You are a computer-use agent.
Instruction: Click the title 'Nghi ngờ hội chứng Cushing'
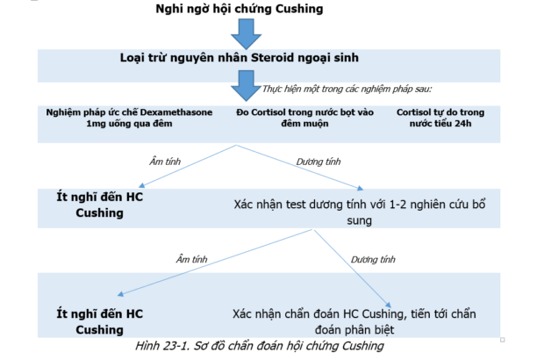[240, 9]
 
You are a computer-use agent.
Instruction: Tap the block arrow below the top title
[246, 34]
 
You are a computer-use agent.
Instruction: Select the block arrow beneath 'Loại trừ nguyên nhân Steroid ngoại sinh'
[246, 86]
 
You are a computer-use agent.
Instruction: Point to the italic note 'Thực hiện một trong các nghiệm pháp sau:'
[347, 90]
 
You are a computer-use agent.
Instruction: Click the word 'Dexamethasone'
[176, 112]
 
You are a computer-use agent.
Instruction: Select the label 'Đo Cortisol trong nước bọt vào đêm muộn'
[305, 118]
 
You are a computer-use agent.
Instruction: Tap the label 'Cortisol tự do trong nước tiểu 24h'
[440, 118]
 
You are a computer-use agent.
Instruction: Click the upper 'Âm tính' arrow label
[165, 162]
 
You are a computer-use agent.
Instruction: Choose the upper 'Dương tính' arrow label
[319, 162]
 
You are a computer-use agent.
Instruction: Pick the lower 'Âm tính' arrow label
[191, 259]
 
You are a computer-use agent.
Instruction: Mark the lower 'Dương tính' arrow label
[373, 259]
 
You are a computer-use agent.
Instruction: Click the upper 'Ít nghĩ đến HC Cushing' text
[99, 205]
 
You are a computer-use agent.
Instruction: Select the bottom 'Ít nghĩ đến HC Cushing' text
[99, 321]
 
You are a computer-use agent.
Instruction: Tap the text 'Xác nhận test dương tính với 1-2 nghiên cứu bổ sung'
[360, 212]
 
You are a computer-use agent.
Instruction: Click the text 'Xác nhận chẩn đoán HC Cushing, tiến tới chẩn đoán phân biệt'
[354, 321]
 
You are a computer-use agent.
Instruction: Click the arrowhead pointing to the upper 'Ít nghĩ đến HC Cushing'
[141, 185]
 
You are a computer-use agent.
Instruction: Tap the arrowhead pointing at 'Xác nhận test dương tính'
[361, 188]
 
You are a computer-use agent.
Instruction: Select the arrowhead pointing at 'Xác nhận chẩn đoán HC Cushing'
[389, 305]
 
